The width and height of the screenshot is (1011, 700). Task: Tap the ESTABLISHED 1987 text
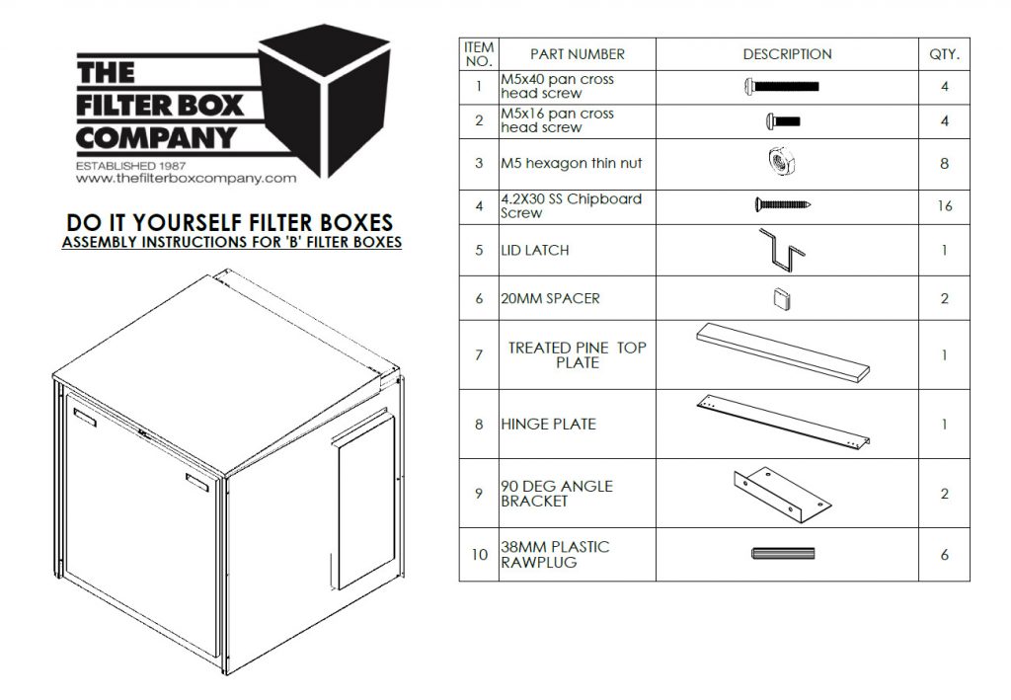click(131, 165)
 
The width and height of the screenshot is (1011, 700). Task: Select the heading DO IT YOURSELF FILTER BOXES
click(230, 223)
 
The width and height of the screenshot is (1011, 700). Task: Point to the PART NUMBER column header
click(578, 54)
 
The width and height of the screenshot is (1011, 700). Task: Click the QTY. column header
click(944, 54)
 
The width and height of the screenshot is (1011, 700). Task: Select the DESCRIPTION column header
click(787, 54)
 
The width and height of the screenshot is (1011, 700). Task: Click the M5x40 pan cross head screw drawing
click(782, 86)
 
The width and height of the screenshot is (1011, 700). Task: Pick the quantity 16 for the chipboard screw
click(944, 206)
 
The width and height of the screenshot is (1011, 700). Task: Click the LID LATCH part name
click(535, 251)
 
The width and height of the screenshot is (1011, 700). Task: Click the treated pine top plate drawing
click(785, 353)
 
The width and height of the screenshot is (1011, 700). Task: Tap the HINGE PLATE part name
click(548, 425)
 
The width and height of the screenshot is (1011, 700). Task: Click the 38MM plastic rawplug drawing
click(780, 554)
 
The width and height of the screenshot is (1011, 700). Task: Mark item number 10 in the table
click(479, 555)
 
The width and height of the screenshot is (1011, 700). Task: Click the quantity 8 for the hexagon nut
click(944, 163)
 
